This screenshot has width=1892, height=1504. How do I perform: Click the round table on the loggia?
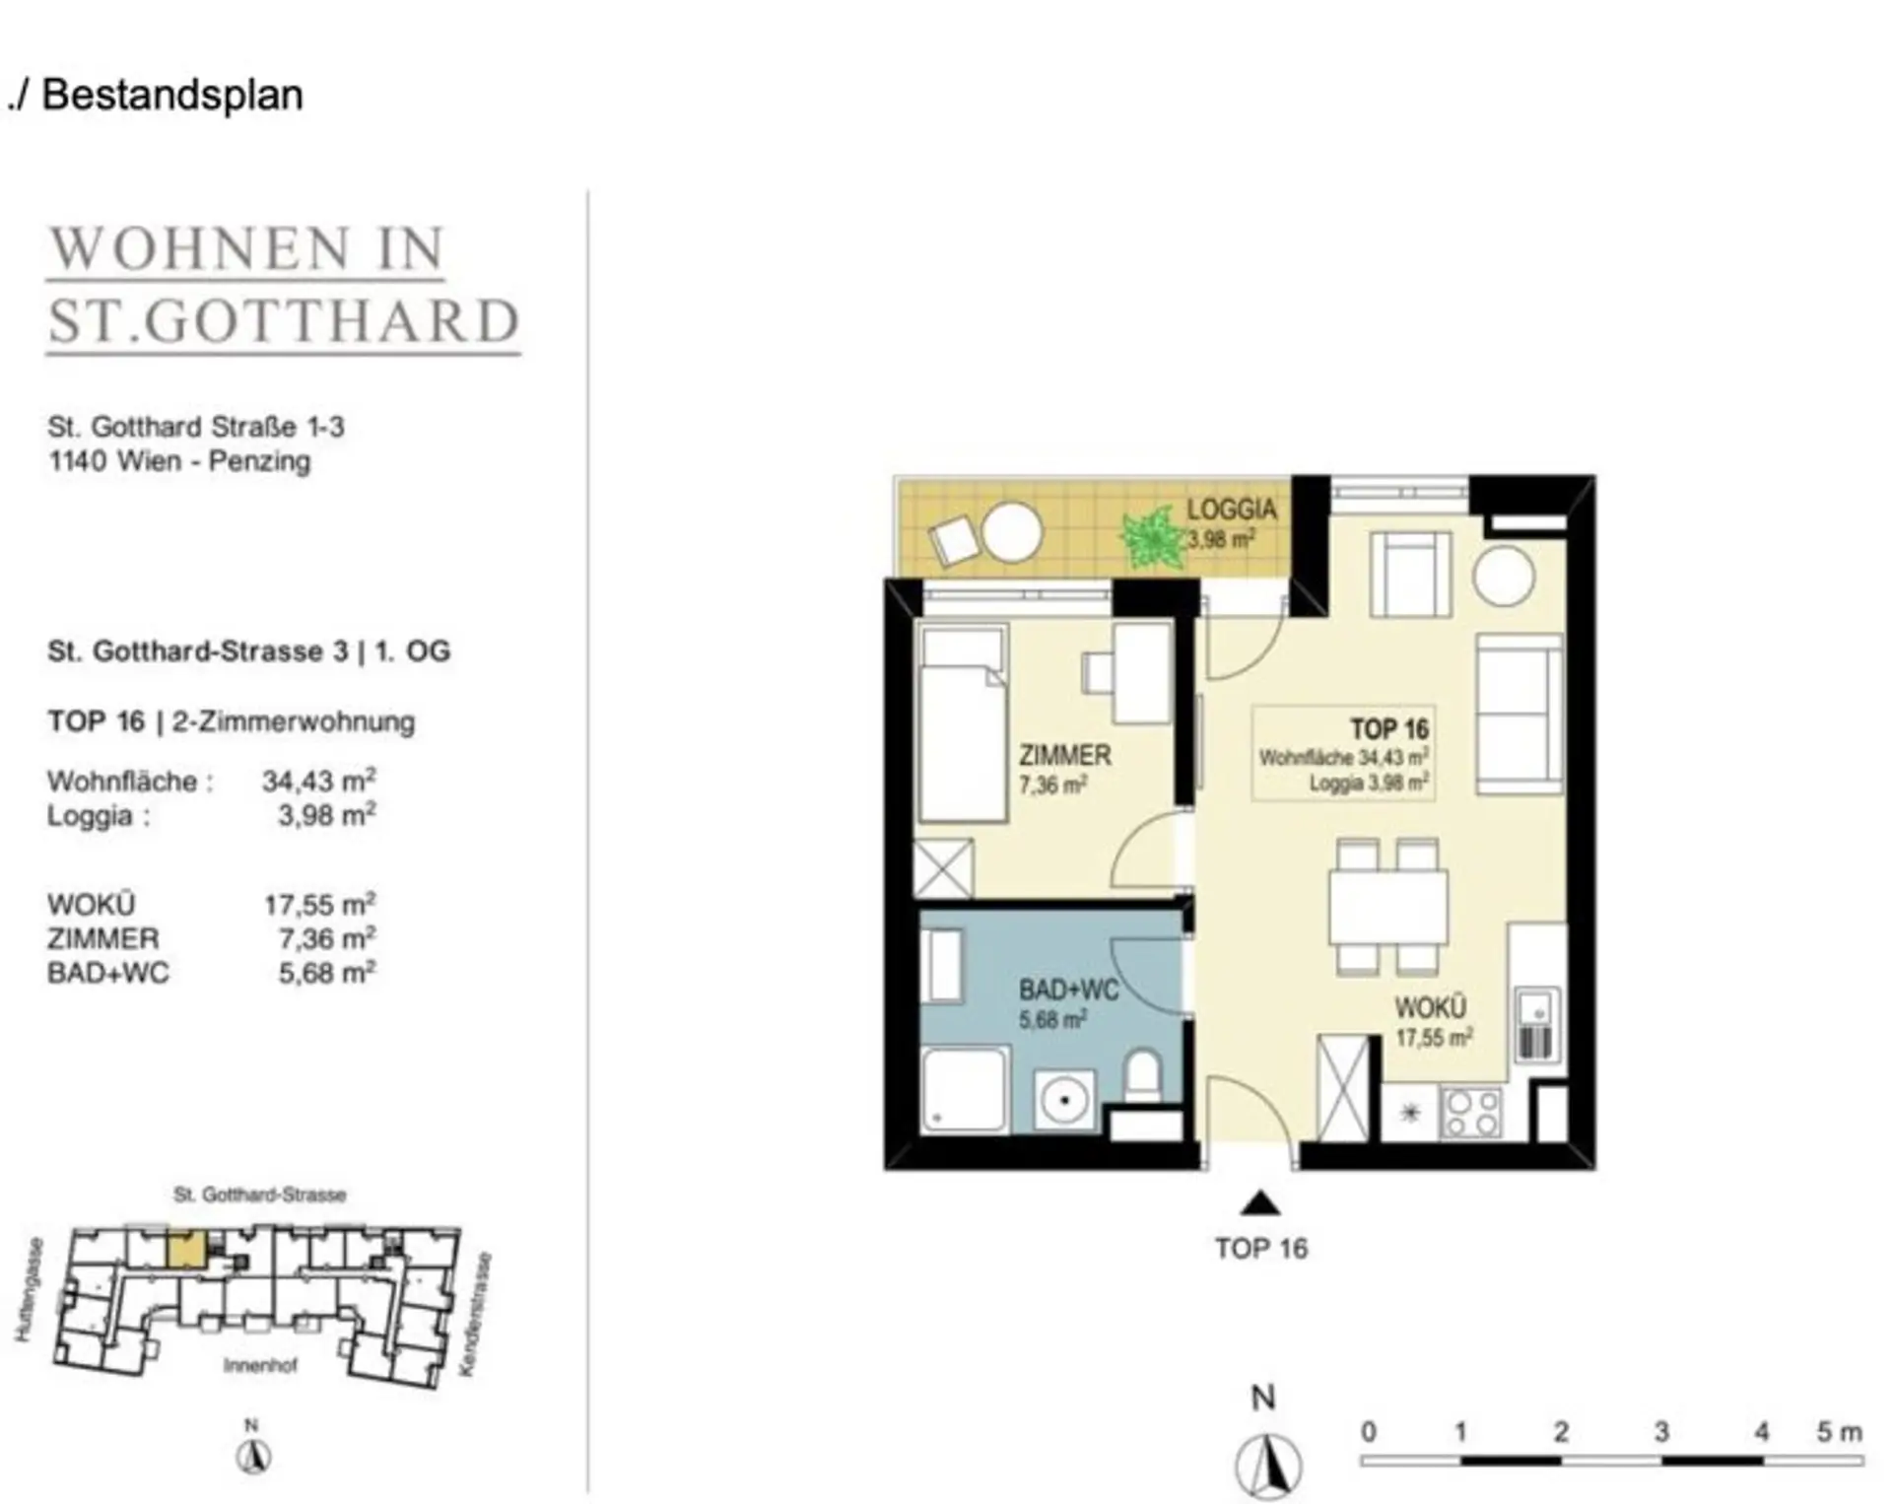(1012, 532)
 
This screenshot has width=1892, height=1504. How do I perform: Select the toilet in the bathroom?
(1143, 1076)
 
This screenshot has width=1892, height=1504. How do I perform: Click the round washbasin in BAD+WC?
(1064, 1098)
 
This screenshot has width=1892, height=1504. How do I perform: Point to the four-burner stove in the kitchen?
(1471, 1113)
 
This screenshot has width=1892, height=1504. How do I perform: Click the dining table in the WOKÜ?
(1388, 907)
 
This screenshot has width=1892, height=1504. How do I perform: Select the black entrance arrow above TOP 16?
(1260, 1203)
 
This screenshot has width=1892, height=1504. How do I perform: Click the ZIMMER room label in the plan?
(1064, 756)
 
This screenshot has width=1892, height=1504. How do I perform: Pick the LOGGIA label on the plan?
(1231, 510)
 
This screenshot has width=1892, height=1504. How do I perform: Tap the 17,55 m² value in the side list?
(319, 904)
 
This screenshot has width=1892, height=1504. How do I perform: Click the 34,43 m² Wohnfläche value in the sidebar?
(318, 781)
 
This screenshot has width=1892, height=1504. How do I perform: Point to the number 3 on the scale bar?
(1661, 1431)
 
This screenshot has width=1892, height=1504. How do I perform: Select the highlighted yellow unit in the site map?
(185, 1250)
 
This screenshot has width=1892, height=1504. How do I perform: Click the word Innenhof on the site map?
(260, 1365)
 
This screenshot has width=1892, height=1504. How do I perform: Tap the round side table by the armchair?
(1503, 576)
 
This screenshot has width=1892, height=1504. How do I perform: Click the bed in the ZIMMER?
(963, 722)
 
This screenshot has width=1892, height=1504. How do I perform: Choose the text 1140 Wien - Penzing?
(179, 461)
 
